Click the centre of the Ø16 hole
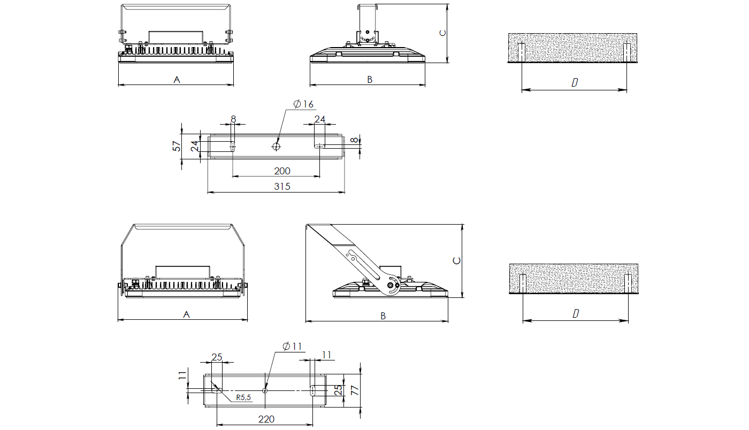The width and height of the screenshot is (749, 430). pyautogui.click(x=276, y=147)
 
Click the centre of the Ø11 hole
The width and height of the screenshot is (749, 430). pyautogui.click(x=265, y=390)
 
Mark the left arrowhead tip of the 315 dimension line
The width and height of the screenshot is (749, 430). pyautogui.click(x=208, y=192)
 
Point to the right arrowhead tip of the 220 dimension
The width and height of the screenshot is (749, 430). pyautogui.click(x=312, y=425)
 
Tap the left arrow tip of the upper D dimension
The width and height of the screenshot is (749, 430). pyautogui.click(x=522, y=90)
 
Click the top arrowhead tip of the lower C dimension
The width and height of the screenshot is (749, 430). pyautogui.click(x=462, y=225)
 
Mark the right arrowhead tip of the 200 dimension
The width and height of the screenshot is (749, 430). pyautogui.click(x=320, y=176)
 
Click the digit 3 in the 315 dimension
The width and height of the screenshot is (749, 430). pyautogui.click(x=277, y=186)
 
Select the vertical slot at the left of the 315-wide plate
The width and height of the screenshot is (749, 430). pyautogui.click(x=232, y=147)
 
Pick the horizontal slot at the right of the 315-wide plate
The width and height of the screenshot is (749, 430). pyautogui.click(x=319, y=146)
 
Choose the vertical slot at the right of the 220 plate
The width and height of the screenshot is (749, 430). pyautogui.click(x=313, y=390)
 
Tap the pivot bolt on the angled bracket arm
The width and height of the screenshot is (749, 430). pyautogui.click(x=390, y=285)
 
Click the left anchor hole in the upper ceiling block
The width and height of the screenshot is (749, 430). pyautogui.click(x=522, y=52)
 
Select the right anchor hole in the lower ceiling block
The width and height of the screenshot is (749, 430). pyautogui.click(x=628, y=284)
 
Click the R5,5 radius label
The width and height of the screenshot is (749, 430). pyautogui.click(x=243, y=397)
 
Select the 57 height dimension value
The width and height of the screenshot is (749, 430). pyautogui.click(x=176, y=146)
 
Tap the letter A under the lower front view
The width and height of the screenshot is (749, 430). pyautogui.click(x=187, y=314)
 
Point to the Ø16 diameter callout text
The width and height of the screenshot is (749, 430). pyautogui.click(x=304, y=104)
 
